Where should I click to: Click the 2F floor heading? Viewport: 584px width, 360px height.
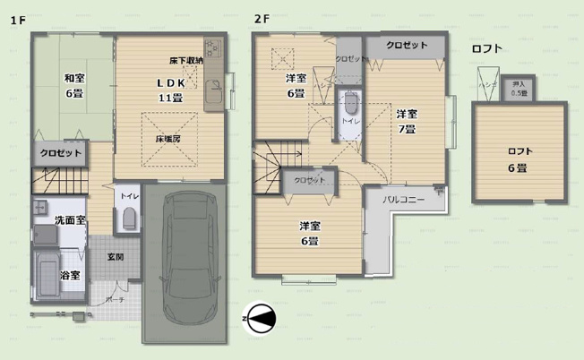coord(261,19)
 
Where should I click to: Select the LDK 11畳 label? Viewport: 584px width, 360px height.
coord(170,90)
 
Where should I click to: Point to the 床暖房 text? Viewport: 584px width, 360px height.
coord(170,140)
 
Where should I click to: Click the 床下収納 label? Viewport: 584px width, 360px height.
coord(185,61)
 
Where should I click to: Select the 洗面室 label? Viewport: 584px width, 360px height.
coord(70,219)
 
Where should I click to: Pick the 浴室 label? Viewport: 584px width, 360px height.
coord(70,274)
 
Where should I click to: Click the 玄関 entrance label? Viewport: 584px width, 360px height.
coord(116,257)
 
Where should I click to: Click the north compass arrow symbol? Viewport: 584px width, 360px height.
coord(261,317)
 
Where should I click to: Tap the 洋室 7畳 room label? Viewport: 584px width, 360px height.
coord(406,120)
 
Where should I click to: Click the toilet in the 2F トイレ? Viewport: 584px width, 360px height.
coord(349,101)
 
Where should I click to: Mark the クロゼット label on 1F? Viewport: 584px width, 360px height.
coord(61,153)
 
